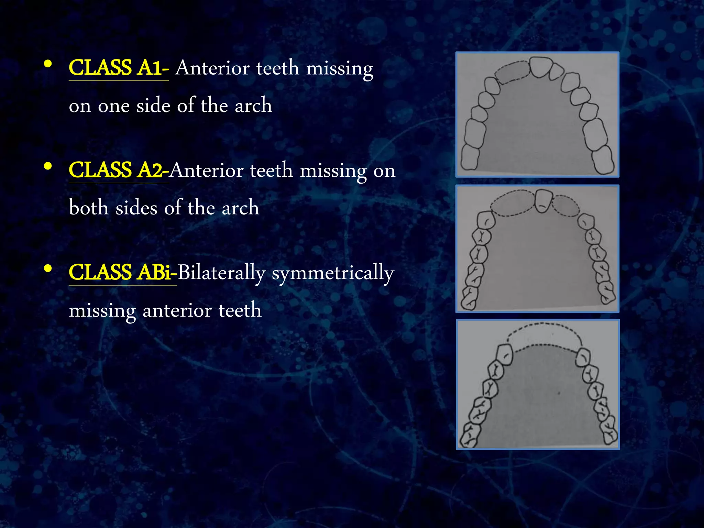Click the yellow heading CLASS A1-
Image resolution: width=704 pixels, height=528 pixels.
(x=118, y=68)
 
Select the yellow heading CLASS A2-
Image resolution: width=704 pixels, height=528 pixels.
(x=118, y=170)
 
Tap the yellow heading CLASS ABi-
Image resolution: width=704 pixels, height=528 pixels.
(x=122, y=272)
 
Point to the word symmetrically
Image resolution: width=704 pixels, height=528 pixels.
(x=333, y=274)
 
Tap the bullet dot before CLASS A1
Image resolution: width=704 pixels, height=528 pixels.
(x=48, y=64)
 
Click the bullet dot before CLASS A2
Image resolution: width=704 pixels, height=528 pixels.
(x=48, y=166)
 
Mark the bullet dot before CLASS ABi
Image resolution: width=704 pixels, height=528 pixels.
(x=48, y=268)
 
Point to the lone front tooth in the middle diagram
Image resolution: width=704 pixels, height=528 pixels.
(x=543, y=201)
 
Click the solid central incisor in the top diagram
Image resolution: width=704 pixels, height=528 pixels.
(x=541, y=67)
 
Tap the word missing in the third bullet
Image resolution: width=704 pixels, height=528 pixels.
(x=102, y=311)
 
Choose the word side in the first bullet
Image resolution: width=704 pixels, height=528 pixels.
(x=153, y=105)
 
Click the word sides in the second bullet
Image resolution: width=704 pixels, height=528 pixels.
(x=136, y=208)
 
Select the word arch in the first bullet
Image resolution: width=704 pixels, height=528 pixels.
(x=253, y=105)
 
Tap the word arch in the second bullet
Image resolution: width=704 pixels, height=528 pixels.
(x=240, y=208)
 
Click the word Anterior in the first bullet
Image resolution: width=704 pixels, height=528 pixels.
(x=212, y=68)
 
